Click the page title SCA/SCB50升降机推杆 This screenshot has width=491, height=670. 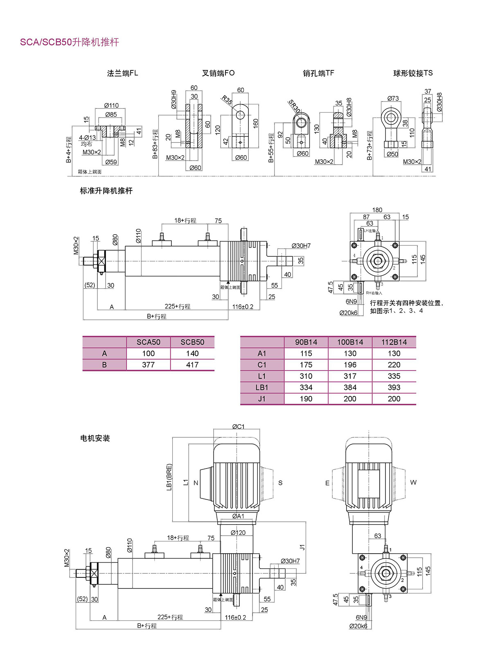tap(70, 42)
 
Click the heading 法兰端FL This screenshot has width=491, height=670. tap(122, 73)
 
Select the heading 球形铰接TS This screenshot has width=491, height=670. tap(413, 73)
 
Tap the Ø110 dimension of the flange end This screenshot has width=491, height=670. tap(111, 106)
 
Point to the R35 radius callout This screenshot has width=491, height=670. tap(227, 100)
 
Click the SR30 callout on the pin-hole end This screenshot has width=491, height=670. tap(294, 106)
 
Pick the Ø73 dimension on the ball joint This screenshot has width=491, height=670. tap(393, 98)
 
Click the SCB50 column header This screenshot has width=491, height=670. tap(192, 342)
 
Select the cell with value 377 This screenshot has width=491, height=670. tap(148, 365)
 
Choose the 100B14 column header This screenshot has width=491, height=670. tap(350, 342)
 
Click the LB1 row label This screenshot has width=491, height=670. tap(262, 387)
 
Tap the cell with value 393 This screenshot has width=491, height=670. tap(394, 387)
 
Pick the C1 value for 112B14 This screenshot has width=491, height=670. tap(394, 365)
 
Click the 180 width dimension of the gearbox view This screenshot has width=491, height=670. tap(377, 210)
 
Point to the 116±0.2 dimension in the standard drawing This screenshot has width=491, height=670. tap(243, 307)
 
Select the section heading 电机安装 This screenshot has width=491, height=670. tap(95, 438)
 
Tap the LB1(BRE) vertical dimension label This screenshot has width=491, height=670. tap(169, 477)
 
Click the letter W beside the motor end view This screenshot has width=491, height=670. tap(413, 482)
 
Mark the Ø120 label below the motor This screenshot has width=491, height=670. tap(238, 533)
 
